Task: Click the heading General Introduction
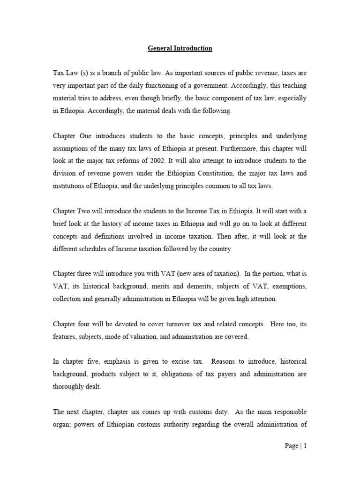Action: coord(180,48)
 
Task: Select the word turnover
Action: coord(157,324)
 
